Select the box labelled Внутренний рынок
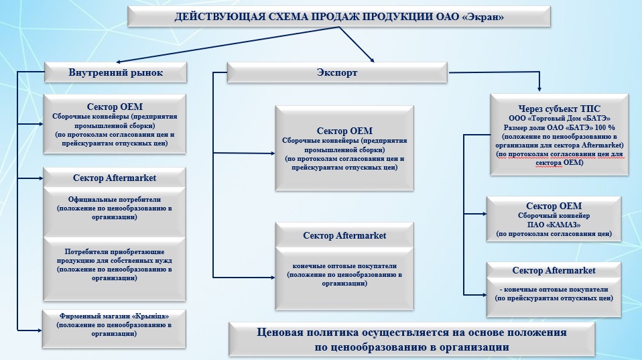115,72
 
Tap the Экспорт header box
337,72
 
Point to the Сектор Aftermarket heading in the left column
115,178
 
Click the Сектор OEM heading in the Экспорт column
344,131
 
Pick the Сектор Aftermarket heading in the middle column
344,235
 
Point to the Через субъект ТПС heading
559,108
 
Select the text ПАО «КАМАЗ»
554,225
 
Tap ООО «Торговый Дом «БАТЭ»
560,117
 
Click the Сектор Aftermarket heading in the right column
554,270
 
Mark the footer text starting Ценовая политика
411,339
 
